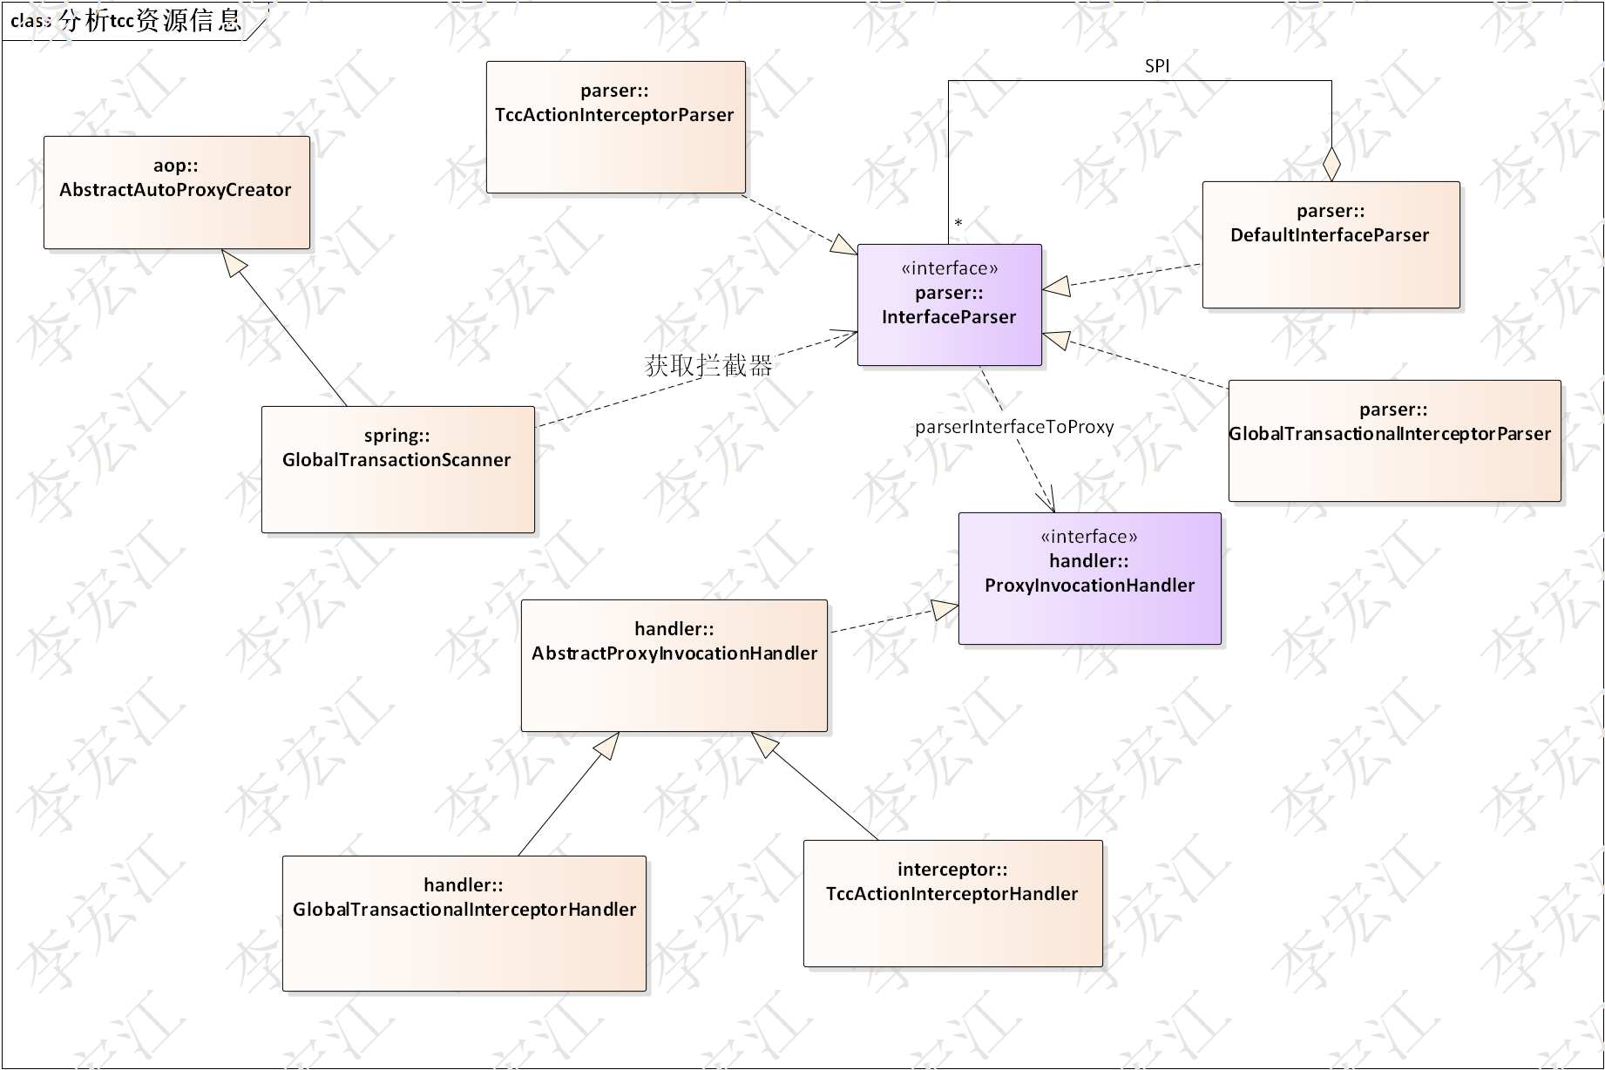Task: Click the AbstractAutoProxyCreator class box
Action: pyautogui.click(x=177, y=193)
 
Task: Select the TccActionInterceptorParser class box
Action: pyautogui.click(x=615, y=127)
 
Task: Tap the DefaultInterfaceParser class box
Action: pyautogui.click(x=1331, y=245)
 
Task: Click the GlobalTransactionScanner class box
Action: pyautogui.click(x=397, y=470)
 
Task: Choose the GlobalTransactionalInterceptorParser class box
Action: pyautogui.click(x=1394, y=441)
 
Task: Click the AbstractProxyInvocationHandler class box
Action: pyautogui.click(x=674, y=666)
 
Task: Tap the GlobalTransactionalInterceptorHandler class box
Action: pyautogui.click(x=464, y=924)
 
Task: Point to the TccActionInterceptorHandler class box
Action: pyautogui.click(x=952, y=904)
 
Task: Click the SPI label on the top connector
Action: pyautogui.click(x=1157, y=66)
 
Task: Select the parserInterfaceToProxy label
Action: pyautogui.click(x=1014, y=427)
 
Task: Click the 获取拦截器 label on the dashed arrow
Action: pyautogui.click(x=708, y=366)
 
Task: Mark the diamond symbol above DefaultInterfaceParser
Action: pyautogui.click(x=1331, y=164)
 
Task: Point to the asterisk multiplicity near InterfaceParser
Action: pyautogui.click(x=958, y=224)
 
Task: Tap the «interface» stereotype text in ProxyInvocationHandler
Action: pyautogui.click(x=1089, y=537)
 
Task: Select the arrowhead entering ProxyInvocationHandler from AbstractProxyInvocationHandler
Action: pyautogui.click(x=945, y=609)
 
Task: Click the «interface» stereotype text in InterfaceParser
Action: pyautogui.click(x=949, y=268)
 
